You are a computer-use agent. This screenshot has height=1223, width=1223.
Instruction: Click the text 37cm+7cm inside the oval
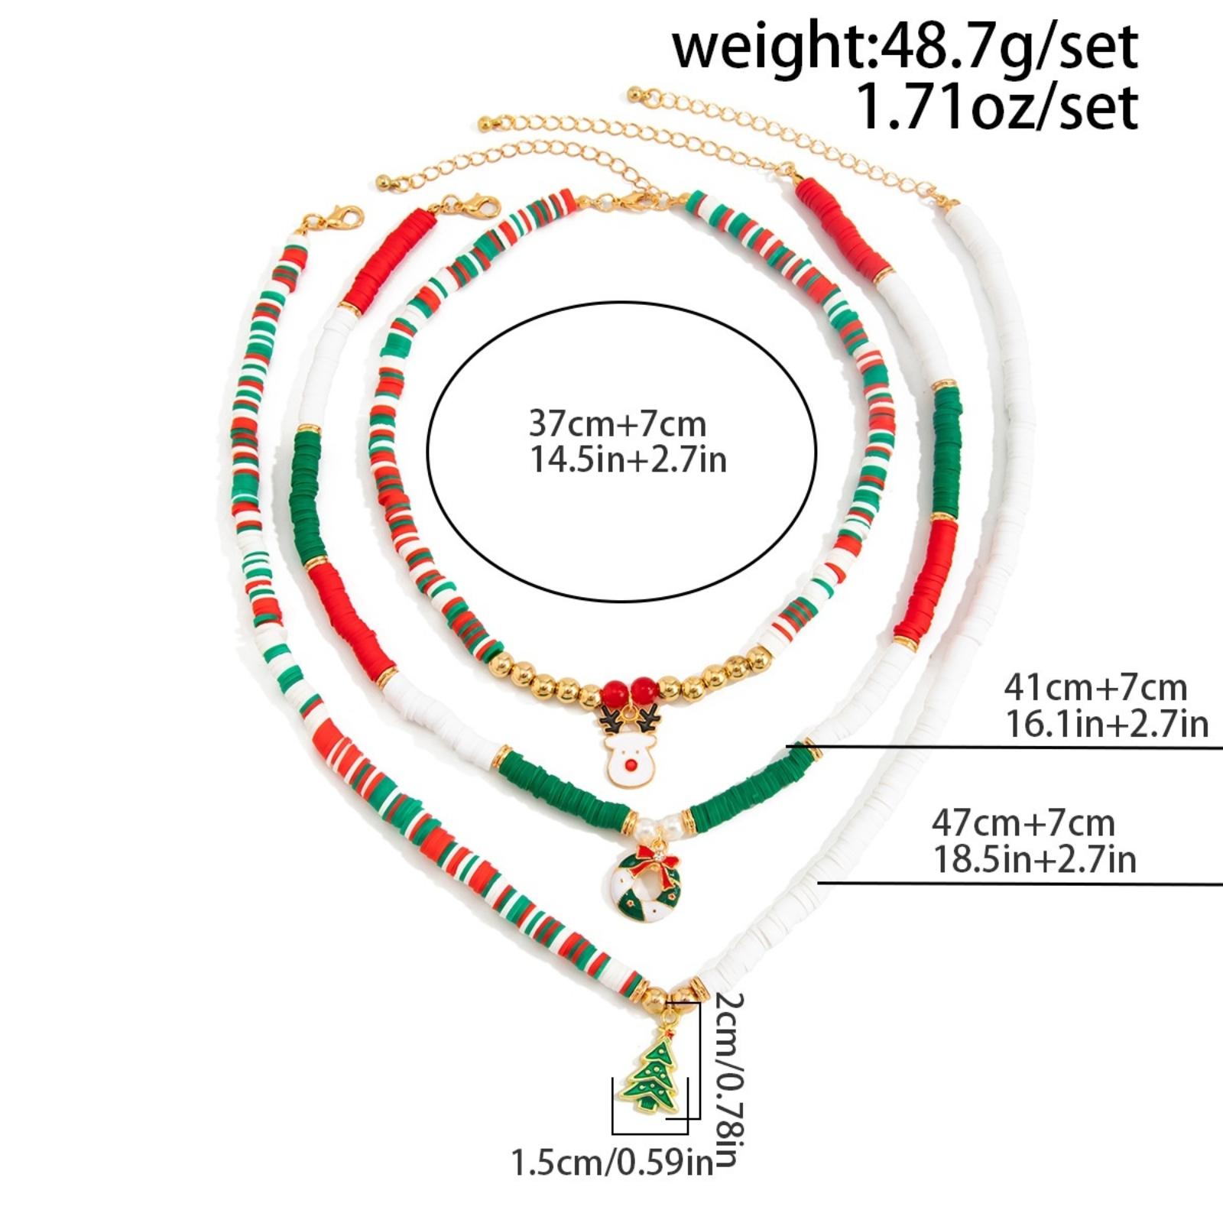pos(618,423)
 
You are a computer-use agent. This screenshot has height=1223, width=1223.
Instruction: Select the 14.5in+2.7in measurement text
pos(628,460)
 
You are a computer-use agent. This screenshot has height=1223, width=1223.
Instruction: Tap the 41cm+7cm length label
pos(1095,688)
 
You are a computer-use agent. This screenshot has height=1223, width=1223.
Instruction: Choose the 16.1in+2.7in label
pos(1106,723)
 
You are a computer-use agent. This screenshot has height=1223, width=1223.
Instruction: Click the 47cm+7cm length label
pos(1023,823)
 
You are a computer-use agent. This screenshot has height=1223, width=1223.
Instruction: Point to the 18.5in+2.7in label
pos(1033,859)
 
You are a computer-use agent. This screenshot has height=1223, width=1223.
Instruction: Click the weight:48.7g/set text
pos(905,47)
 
